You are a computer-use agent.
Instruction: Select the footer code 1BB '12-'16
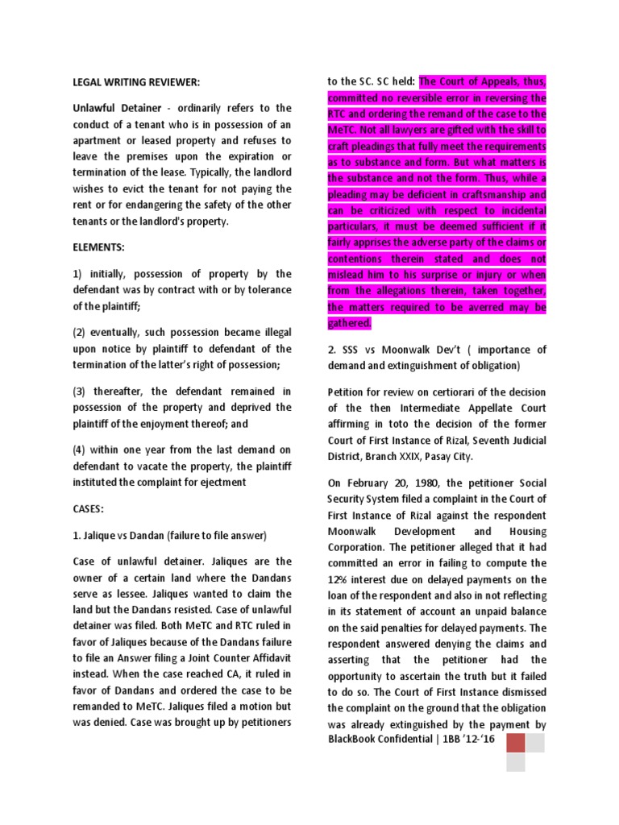469,740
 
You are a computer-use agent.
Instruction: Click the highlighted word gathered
349,322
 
